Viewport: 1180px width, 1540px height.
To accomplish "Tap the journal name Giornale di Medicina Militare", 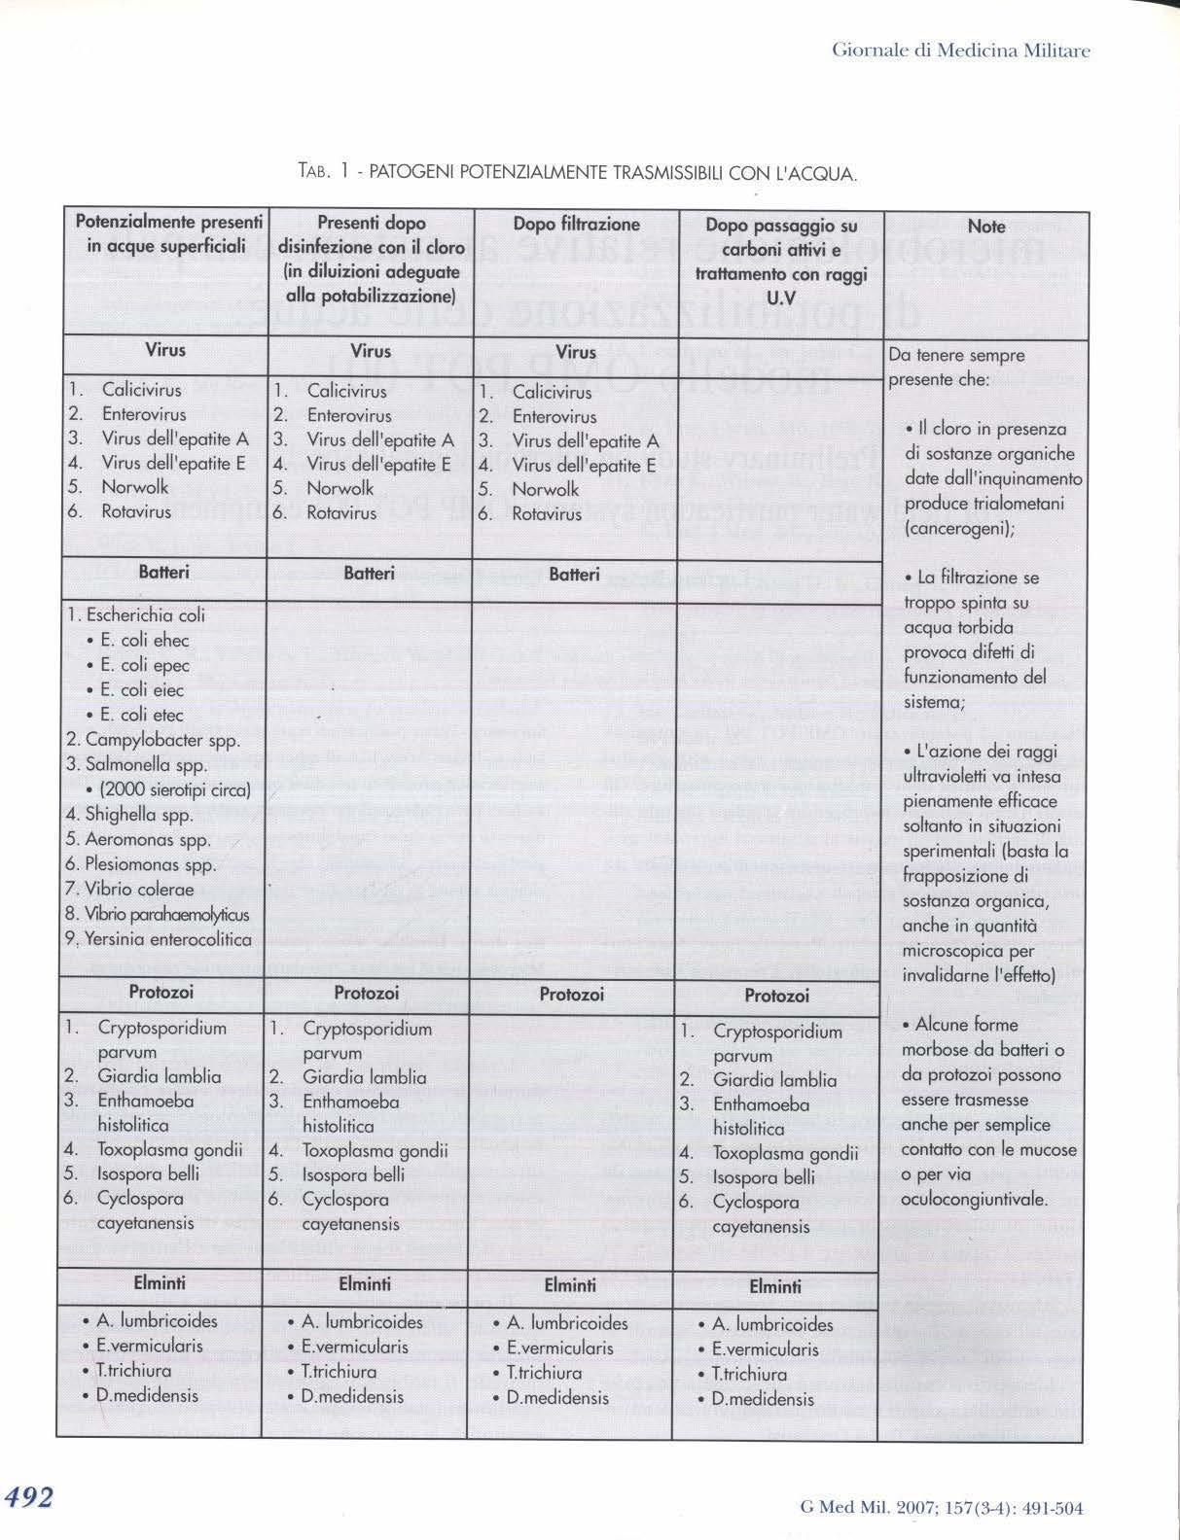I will click(961, 51).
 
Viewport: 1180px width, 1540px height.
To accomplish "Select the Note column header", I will click(985, 227).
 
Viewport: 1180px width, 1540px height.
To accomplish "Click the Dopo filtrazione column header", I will click(576, 225).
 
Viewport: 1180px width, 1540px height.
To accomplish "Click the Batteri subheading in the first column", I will click(163, 573).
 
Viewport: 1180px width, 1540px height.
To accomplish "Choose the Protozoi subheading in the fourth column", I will click(776, 996).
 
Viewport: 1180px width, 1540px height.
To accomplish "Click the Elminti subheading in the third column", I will click(570, 1285).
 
